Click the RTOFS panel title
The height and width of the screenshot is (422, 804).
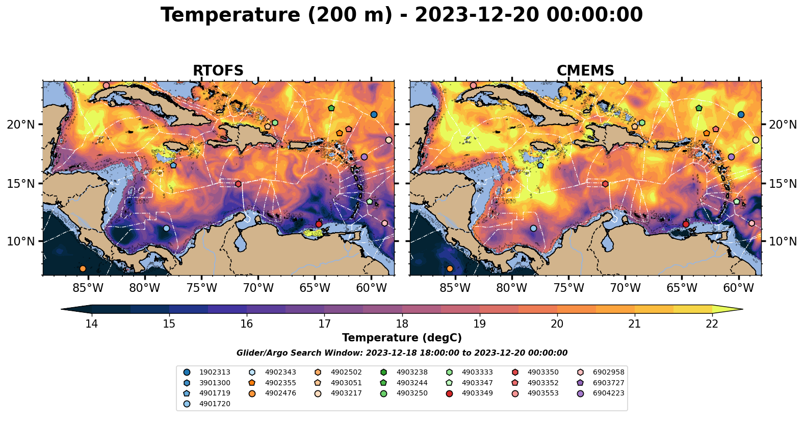click(x=218, y=71)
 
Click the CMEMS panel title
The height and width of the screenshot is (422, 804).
click(x=585, y=71)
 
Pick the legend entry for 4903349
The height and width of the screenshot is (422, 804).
click(x=477, y=393)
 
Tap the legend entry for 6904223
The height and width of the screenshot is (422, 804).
click(x=608, y=393)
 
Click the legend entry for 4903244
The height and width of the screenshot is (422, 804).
click(x=411, y=383)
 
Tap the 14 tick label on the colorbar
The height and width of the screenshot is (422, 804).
click(x=92, y=324)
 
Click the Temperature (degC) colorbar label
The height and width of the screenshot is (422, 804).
click(x=402, y=338)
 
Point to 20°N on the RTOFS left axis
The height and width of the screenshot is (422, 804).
click(x=21, y=125)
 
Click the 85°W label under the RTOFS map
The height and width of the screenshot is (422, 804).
click(x=88, y=288)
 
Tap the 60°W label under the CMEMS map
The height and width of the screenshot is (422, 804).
click(x=739, y=288)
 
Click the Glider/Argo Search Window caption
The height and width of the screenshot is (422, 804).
click(x=402, y=353)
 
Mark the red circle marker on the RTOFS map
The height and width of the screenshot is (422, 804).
click(x=319, y=224)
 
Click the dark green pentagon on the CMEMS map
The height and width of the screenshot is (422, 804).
click(x=698, y=108)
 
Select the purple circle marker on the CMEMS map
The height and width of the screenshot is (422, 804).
click(x=731, y=157)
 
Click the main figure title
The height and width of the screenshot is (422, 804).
click(x=402, y=15)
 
